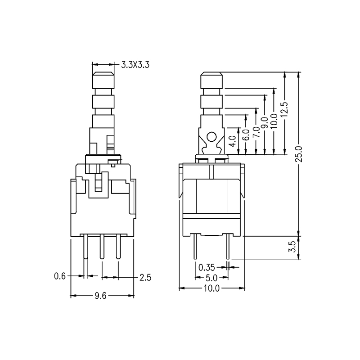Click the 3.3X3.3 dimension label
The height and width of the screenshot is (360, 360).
[x=135, y=65]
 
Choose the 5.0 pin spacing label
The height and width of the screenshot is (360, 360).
[x=211, y=278]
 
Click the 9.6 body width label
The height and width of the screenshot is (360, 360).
[x=102, y=296]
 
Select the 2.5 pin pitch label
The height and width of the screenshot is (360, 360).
[x=144, y=276]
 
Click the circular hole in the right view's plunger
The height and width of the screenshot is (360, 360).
[x=211, y=137]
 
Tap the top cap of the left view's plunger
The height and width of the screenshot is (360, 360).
[x=103, y=81]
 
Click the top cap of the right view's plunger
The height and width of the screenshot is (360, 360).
[x=211, y=81]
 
